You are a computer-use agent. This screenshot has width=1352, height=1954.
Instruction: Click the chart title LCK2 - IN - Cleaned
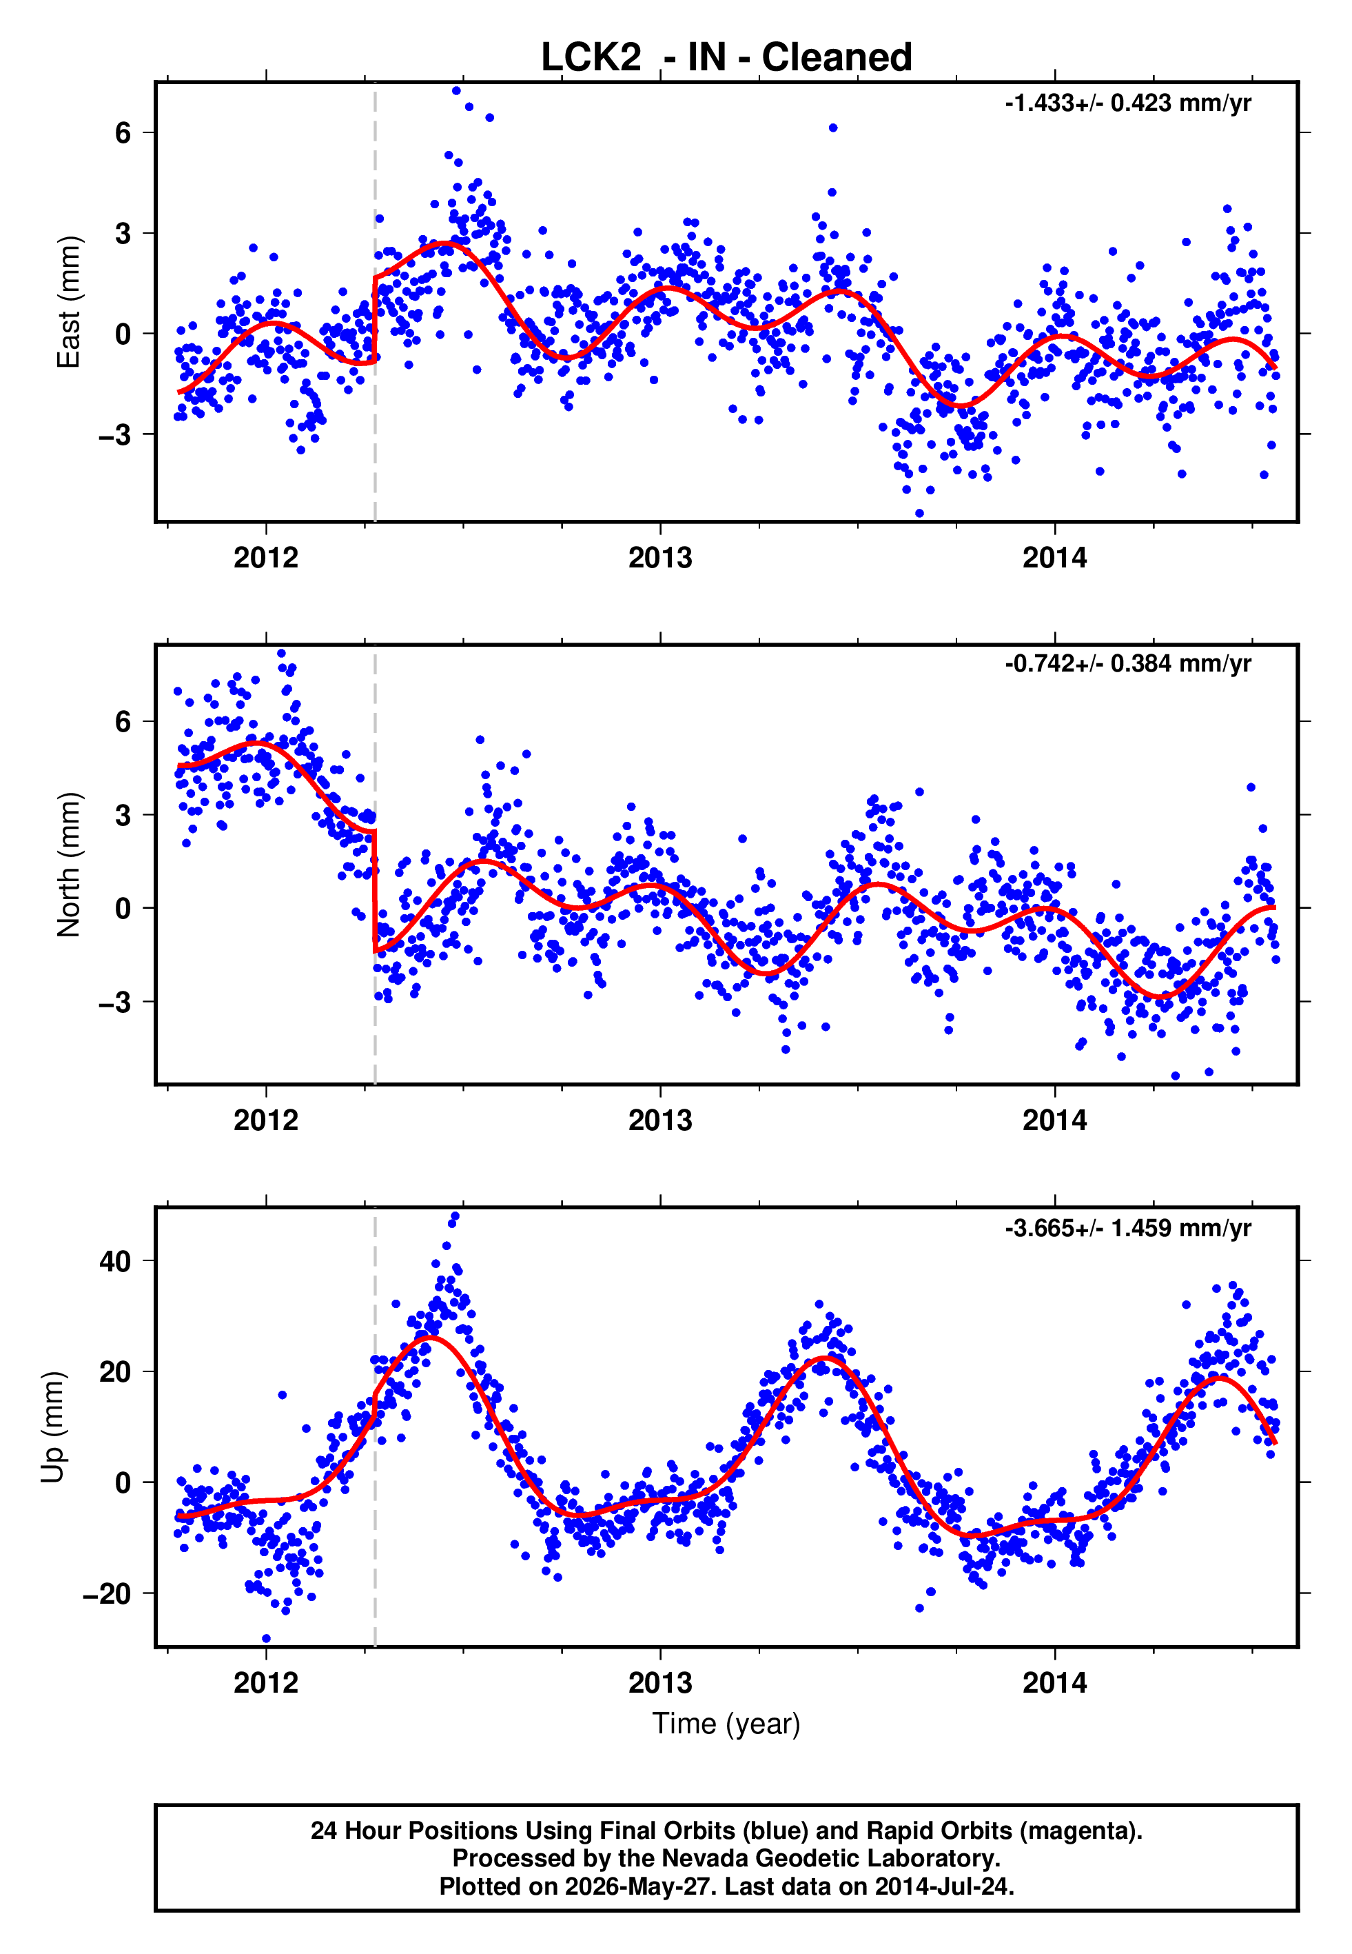726,58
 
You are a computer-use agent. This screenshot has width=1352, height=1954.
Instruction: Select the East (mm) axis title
69,302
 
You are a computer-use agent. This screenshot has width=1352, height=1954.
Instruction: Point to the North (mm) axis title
69,865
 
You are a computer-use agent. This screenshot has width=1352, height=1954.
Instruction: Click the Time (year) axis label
726,1724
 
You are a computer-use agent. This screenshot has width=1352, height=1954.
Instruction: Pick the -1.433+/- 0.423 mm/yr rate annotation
1127,103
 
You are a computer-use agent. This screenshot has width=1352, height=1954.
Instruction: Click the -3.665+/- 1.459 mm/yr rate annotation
1127,1228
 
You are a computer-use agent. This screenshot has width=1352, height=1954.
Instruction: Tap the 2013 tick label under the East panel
660,558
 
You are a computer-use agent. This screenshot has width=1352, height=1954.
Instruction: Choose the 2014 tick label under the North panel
1055,1120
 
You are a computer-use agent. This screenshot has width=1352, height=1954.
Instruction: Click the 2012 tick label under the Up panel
266,1683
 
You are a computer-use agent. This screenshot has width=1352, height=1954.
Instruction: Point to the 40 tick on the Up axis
115,1261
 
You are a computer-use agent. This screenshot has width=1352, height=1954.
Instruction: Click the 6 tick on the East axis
123,132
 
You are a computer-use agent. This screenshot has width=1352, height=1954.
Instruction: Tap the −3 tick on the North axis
115,1003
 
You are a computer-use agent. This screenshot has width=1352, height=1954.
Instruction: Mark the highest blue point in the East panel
457,90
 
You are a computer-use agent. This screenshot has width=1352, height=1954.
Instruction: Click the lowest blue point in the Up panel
266,1639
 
